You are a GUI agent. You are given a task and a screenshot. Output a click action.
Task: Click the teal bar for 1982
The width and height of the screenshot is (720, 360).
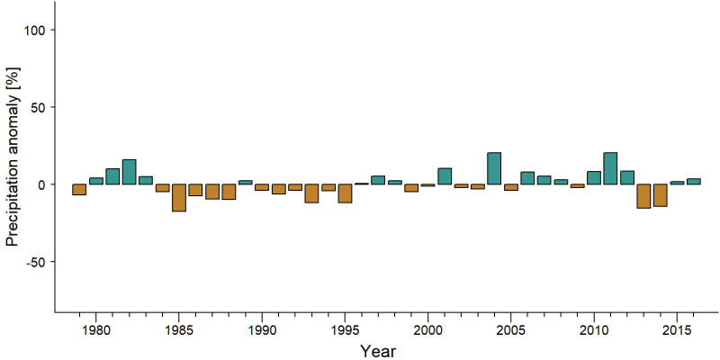tap(129, 172)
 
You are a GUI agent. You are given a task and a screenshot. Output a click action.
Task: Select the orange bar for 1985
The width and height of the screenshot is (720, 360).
tap(179, 198)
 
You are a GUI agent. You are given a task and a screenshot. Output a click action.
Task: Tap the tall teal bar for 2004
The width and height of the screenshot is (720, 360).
tap(494, 168)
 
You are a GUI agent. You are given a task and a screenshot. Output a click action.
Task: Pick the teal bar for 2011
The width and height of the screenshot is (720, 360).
tap(610, 168)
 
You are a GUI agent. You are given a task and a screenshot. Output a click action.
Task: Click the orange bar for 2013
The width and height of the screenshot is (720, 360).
tap(643, 196)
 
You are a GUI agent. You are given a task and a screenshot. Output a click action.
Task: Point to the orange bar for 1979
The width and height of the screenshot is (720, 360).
tap(79, 190)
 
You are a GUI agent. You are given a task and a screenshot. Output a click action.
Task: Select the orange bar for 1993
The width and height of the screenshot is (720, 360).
tap(311, 193)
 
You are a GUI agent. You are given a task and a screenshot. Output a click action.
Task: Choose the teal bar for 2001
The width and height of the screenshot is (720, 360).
tap(445, 176)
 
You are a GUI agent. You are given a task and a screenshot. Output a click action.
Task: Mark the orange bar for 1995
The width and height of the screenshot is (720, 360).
tap(345, 193)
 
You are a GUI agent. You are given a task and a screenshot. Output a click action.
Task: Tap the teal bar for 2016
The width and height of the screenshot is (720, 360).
tap(693, 182)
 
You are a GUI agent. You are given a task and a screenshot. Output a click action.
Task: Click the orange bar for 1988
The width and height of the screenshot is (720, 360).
tap(229, 192)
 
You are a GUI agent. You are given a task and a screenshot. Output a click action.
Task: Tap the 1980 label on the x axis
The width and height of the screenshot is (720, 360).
tap(96, 330)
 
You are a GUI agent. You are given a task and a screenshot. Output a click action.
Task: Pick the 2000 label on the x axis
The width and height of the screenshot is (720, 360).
tap(428, 330)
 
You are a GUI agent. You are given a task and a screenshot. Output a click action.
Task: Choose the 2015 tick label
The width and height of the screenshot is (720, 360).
tap(677, 330)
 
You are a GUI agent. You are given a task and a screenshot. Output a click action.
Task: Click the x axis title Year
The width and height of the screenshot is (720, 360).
tap(377, 351)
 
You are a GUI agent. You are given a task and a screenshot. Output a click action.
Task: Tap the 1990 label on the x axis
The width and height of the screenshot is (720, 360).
tap(262, 330)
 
